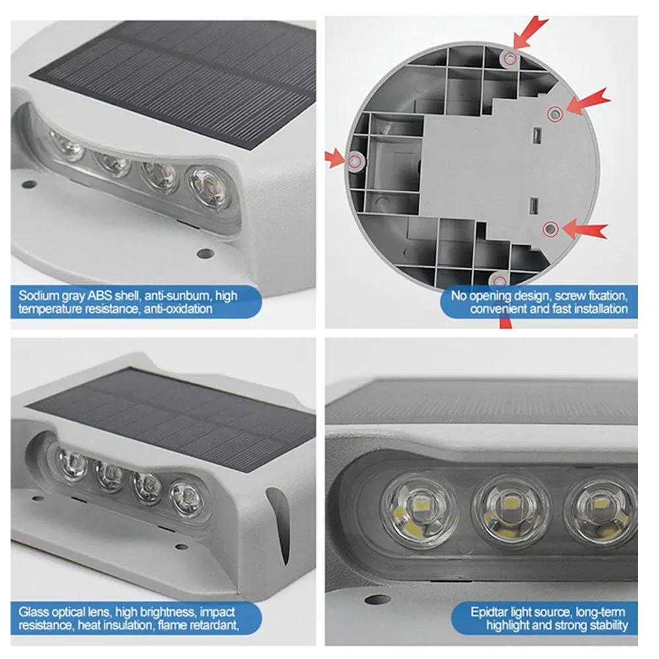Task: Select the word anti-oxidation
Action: tap(179, 308)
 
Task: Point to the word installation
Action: tap(596, 308)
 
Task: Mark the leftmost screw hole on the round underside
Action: tap(357, 160)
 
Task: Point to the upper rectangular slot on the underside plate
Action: tap(537, 135)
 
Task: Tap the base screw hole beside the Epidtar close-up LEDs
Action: tap(379, 600)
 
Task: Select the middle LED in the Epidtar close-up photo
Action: tap(511, 511)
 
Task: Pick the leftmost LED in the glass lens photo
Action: tap(71, 461)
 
